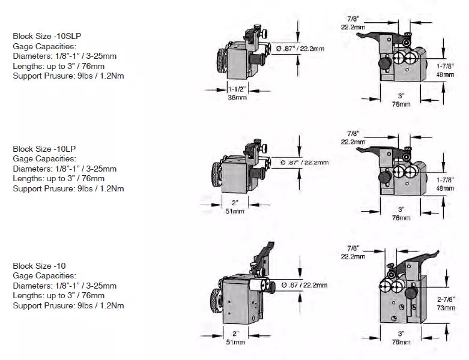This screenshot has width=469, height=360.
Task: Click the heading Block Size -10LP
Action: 45,149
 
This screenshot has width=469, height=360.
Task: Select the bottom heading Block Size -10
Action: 40,266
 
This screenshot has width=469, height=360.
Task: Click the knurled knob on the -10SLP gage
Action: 222,61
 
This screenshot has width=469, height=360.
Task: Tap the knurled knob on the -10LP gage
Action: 217,175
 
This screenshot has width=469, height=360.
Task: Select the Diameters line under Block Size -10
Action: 65,286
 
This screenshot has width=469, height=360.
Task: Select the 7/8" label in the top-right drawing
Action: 353,20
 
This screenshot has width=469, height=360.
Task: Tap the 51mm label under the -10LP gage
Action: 234,211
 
